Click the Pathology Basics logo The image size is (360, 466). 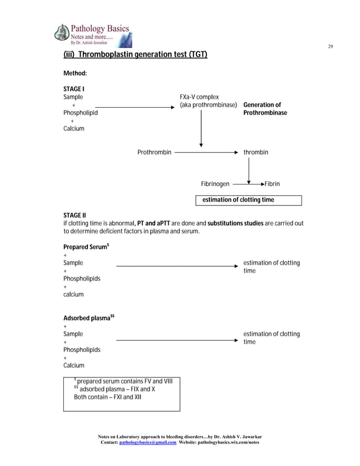tap(93, 34)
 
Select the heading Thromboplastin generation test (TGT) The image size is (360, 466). tap(135, 55)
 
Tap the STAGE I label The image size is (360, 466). tap(73, 89)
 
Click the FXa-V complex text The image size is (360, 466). tap(199, 97)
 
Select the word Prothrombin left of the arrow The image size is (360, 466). tap(154, 152)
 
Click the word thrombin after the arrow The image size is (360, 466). tap(256, 152)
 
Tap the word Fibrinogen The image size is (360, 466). tap(215, 184)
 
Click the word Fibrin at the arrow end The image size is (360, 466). tap(272, 184)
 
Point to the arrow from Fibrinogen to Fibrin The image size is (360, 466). tap(248, 184)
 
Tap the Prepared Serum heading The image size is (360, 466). tap(86, 247)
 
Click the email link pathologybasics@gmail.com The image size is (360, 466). tap(148, 442)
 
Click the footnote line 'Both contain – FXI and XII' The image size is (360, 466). tap(108, 397)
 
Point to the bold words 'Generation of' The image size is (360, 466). tap(262, 105)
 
